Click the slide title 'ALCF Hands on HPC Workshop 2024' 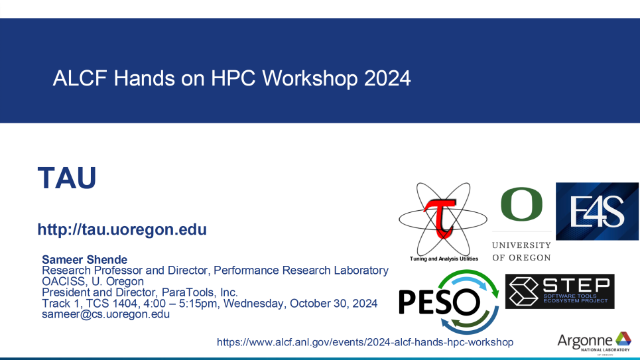pos(231,78)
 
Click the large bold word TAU pos(67,178)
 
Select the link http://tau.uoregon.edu pos(122,229)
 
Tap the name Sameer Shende pos(84,260)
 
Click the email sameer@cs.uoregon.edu pos(105,314)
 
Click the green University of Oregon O pos(522,204)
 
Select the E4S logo pos(597,211)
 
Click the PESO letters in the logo pos(439,302)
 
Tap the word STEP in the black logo pos(576,285)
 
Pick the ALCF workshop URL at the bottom pos(365,342)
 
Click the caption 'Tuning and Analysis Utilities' pos(444,259)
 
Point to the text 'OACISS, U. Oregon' pos(93,282)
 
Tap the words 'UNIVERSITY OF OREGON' pos(522,251)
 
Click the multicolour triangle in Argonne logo pos(623,339)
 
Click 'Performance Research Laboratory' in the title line pos(301,270)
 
